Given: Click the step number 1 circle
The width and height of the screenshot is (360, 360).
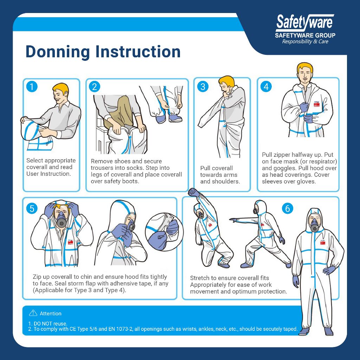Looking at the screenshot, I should coord(32,86).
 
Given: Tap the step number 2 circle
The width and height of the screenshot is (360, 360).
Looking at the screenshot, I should coord(94,86).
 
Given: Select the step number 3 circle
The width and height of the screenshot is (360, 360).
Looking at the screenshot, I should coord(202,86).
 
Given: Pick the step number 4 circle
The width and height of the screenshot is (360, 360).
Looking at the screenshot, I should coord(266,86).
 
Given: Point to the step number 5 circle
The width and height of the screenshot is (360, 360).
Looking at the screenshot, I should coord(32,208).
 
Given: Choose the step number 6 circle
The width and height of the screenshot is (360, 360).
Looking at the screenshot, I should coord(288,208).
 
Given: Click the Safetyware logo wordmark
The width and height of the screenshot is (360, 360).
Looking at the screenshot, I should coord(304,23).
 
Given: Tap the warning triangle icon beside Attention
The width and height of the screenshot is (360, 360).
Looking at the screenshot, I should coord(33,313).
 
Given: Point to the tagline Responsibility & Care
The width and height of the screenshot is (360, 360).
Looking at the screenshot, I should coord(305,41).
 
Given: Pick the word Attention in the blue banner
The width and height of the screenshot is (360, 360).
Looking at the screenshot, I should coord(51,314).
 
